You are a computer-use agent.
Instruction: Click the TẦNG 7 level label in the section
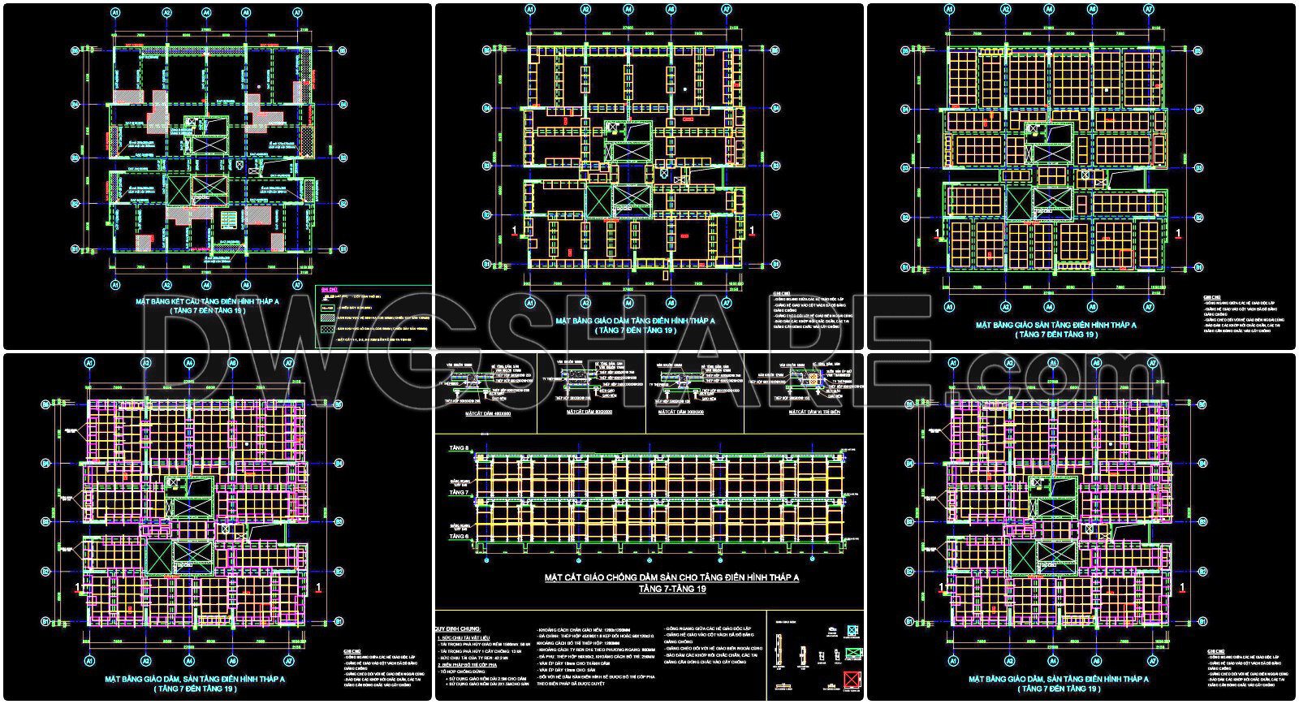coord(460,493)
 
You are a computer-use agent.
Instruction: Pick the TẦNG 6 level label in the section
coord(460,536)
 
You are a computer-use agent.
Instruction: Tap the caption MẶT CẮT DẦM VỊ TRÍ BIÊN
coord(814,412)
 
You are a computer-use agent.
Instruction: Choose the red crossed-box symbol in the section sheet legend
coord(852,680)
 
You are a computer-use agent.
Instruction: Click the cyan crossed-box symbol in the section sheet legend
coord(852,630)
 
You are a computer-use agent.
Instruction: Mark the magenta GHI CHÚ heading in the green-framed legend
coord(328,289)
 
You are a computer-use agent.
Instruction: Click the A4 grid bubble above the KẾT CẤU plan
coord(206,14)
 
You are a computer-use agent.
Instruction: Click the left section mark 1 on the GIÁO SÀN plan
coord(938,233)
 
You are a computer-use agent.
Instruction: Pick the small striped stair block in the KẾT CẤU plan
coord(229,220)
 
